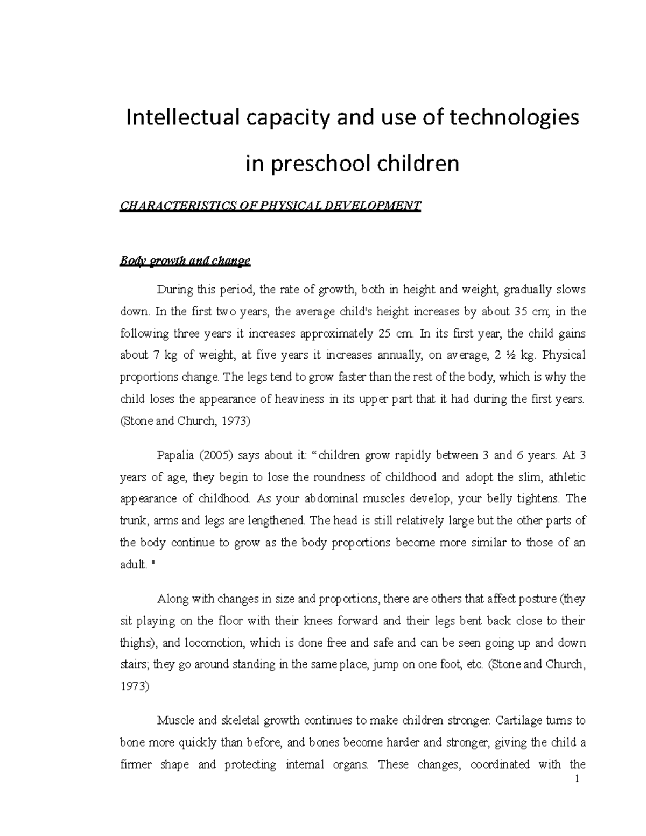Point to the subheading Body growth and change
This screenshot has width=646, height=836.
click(x=185, y=261)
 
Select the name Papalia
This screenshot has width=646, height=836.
click(x=175, y=455)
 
